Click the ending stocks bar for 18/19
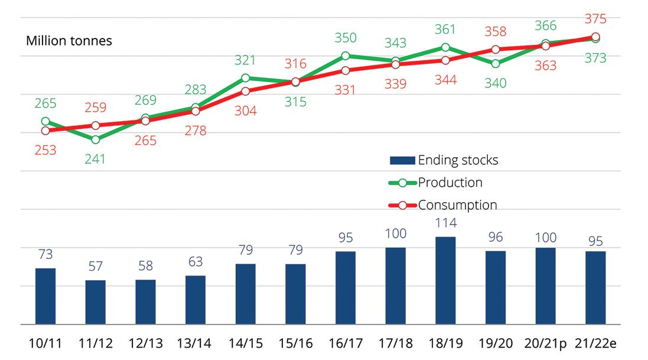(x=445, y=281)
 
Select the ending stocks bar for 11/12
(x=96, y=302)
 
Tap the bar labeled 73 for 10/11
(x=45, y=296)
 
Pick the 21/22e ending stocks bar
(x=595, y=287)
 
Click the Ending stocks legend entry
(x=444, y=160)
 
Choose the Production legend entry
(x=435, y=183)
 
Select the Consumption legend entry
(x=443, y=205)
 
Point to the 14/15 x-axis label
(x=246, y=343)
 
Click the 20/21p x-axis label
(x=545, y=343)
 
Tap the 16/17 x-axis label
(x=346, y=343)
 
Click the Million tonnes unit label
(x=69, y=41)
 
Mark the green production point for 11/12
(x=96, y=140)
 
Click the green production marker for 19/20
(x=496, y=64)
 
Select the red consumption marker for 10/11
(x=45, y=131)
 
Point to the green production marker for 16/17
(x=346, y=56)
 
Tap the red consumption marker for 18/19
(x=445, y=60)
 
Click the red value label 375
(x=595, y=19)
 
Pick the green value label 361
(x=445, y=29)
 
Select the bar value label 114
(x=446, y=223)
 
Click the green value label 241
(x=95, y=159)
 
